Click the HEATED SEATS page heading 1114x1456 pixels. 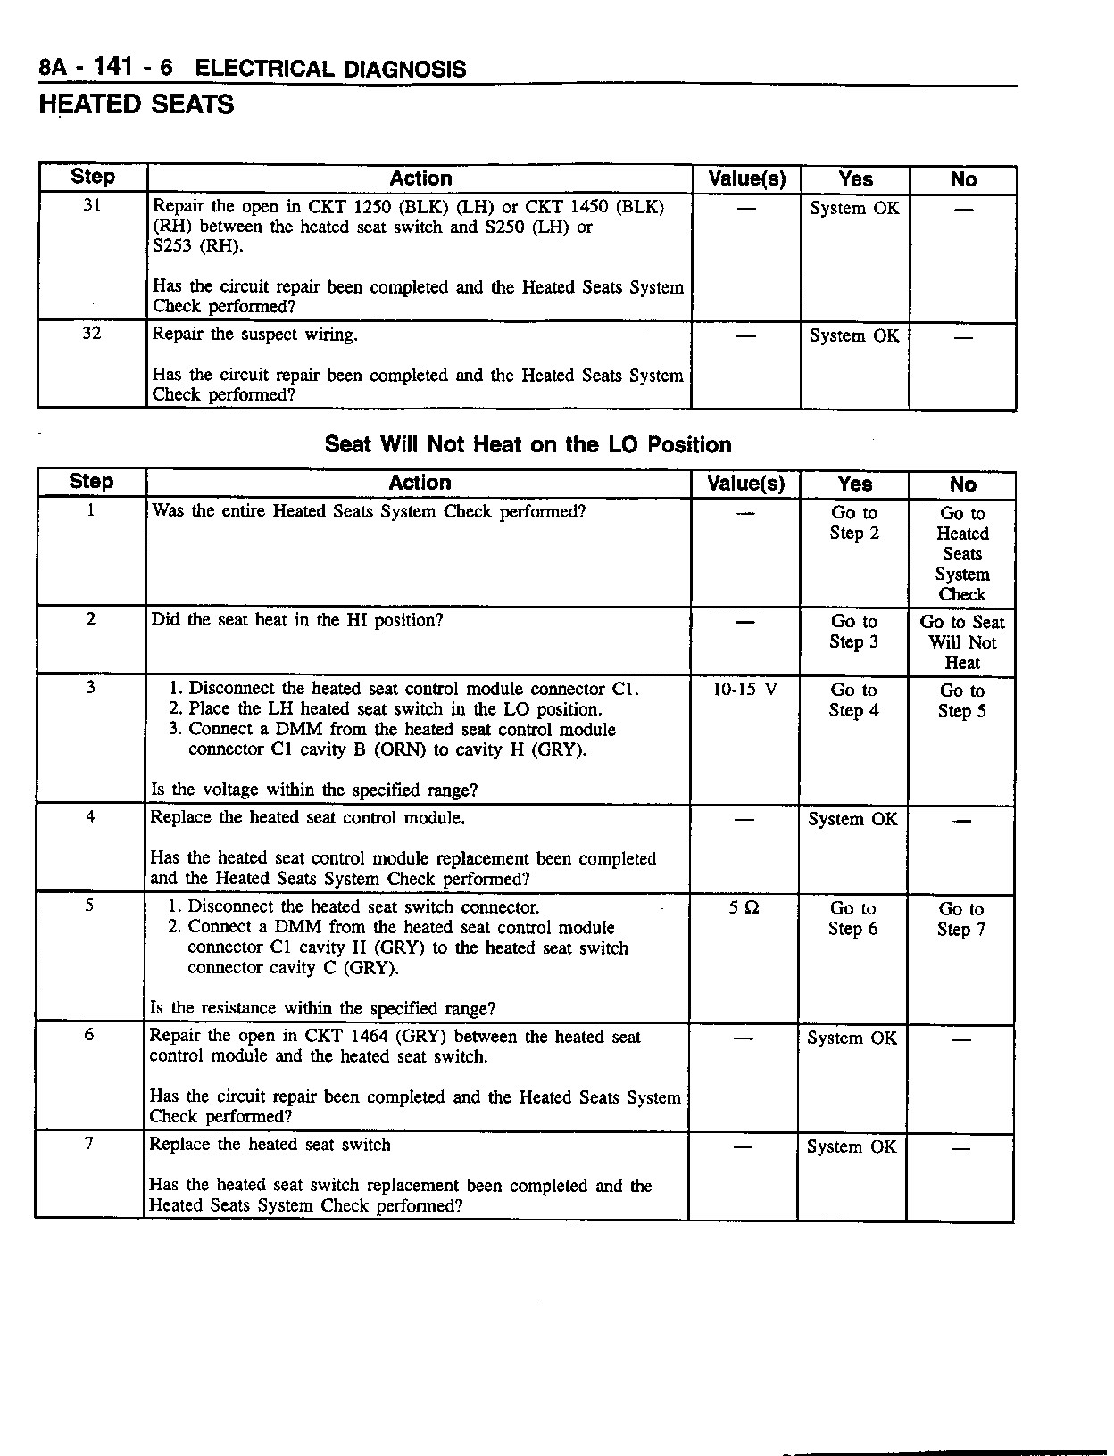[136, 105]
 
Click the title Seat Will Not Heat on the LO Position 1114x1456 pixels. [528, 444]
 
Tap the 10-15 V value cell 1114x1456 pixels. [745, 690]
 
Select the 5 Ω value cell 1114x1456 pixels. [744, 908]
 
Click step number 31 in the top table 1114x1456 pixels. [92, 206]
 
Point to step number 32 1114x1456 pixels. [92, 334]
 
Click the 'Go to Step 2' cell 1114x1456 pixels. [854, 523]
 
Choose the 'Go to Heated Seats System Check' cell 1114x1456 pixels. [961, 553]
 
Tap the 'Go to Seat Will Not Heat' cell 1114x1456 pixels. [961, 642]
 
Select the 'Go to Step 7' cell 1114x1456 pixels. [960, 919]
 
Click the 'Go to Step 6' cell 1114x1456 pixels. [852, 918]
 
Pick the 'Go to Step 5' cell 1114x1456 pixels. [961, 700]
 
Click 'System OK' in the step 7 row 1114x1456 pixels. [851, 1146]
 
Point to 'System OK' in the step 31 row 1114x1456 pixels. [854, 209]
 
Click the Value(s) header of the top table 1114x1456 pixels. [746, 179]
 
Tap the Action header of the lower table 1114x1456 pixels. [420, 483]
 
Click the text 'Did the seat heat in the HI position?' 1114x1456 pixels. [297, 620]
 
